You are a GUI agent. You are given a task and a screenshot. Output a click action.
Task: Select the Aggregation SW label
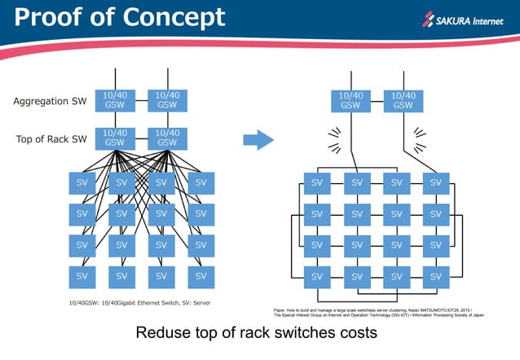[50, 102]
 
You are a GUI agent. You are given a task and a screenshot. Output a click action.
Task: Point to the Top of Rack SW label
[51, 139]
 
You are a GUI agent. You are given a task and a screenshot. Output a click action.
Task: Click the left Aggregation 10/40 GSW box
[114, 100]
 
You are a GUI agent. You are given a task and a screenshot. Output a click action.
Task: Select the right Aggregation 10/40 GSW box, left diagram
[167, 100]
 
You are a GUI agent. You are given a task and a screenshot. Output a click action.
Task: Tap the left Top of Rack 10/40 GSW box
[114, 138]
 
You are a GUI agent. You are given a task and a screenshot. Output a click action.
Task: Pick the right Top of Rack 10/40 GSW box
[167, 138]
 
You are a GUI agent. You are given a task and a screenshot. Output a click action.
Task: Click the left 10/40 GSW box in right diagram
[350, 101]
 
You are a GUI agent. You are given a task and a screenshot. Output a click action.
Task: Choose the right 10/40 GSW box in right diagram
[403, 101]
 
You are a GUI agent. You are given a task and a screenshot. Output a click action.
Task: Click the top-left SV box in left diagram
[82, 183]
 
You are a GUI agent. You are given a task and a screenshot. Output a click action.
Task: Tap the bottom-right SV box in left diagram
[201, 276]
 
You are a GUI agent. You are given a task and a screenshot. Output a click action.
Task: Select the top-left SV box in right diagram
[317, 183]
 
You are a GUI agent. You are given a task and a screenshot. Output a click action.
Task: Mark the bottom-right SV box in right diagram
[436, 276]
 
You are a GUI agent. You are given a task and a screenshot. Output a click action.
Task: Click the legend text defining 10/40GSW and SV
[140, 303]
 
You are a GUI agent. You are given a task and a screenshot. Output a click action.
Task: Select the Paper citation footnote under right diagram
[379, 312]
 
